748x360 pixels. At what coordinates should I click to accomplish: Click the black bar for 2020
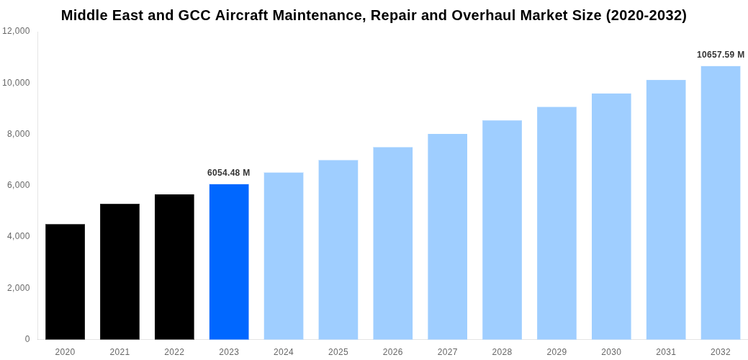(65, 282)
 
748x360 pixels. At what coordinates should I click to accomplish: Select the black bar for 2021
(120, 271)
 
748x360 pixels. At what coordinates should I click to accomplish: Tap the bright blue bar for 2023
(229, 261)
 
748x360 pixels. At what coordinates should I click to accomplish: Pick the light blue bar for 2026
(392, 243)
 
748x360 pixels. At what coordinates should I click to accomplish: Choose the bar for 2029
(557, 223)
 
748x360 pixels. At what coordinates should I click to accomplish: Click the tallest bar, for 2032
(720, 202)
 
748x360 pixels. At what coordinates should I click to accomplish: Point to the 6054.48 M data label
(228, 173)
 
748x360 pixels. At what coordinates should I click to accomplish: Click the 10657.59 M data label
(720, 55)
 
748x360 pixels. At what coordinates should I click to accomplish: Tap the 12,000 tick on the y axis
(16, 31)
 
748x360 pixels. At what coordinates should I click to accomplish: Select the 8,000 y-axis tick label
(19, 134)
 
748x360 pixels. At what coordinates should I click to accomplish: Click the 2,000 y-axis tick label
(19, 288)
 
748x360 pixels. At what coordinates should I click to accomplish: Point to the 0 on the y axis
(27, 339)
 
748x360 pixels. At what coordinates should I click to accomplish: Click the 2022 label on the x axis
(174, 352)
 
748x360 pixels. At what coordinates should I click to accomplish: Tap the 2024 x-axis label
(284, 352)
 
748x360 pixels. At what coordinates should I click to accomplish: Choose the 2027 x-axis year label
(447, 352)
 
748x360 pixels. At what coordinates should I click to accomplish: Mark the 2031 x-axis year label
(666, 352)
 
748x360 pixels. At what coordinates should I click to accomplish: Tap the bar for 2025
(338, 250)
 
